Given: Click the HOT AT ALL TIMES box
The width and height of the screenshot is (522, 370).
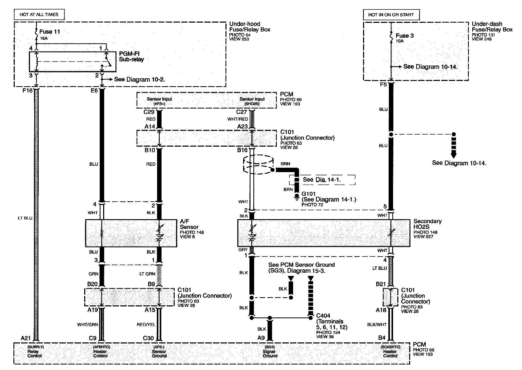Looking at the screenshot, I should click(39, 14).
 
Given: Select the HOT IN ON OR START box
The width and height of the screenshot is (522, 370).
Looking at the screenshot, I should click(391, 15).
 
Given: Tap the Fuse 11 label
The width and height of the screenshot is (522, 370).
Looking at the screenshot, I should click(49, 32).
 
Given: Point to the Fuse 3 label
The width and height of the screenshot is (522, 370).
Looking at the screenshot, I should click(405, 36).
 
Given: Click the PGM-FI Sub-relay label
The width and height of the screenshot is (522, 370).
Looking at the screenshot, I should click(131, 56).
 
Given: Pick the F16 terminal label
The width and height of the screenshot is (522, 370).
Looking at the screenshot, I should click(27, 91).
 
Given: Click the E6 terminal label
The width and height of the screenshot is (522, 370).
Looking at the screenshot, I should click(94, 91).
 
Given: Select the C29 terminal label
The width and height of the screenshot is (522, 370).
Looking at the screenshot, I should click(149, 112).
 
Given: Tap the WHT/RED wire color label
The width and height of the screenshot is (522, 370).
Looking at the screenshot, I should click(238, 119).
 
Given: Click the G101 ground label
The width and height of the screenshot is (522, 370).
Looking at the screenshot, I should click(308, 194).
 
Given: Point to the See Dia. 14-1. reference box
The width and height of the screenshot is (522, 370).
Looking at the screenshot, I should click(322, 180).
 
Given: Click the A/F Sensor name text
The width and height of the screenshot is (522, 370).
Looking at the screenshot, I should click(189, 224).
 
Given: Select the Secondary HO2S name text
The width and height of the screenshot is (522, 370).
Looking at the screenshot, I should click(427, 224).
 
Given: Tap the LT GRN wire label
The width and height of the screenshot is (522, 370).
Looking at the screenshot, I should click(147, 274).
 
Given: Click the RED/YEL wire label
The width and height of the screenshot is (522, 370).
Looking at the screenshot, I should click(146, 325).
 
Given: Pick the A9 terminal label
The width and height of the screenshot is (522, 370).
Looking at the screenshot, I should click(261, 338).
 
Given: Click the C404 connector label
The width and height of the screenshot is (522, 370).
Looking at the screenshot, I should click(323, 316).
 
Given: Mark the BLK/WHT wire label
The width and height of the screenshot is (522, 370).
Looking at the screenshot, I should click(377, 325).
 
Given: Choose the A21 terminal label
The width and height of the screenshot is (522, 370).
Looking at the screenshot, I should click(26, 338).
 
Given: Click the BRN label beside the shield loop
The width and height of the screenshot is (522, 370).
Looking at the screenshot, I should click(285, 164).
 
